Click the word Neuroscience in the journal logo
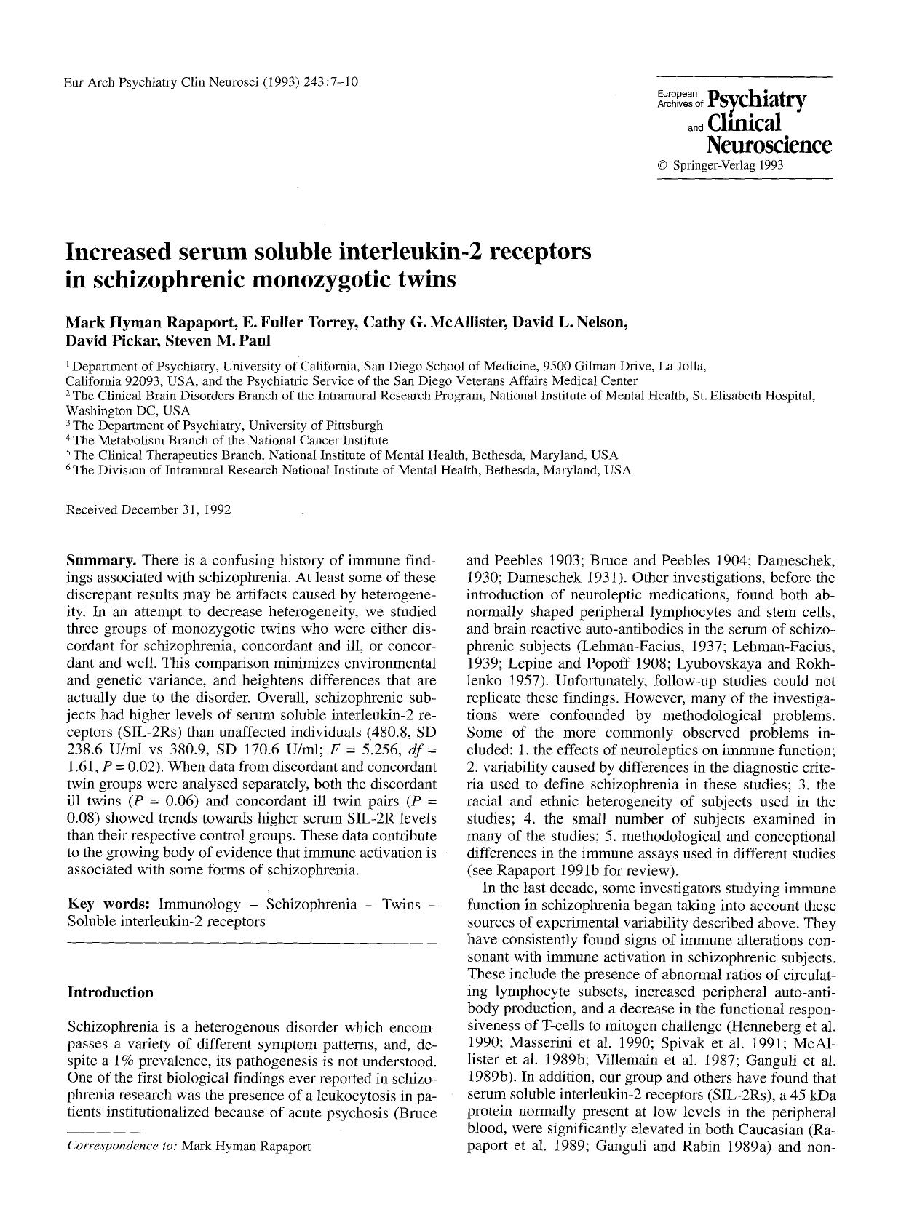point(769,145)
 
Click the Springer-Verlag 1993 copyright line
point(720,165)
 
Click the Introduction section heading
point(110,992)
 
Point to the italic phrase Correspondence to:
point(122,1146)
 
